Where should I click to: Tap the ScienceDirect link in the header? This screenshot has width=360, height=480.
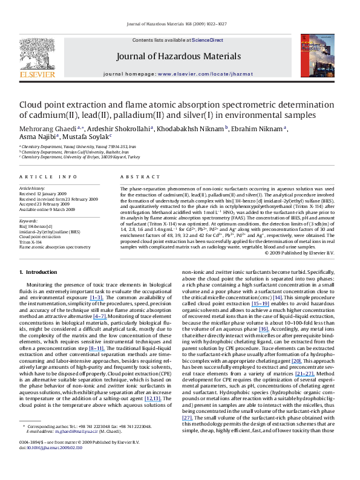208,40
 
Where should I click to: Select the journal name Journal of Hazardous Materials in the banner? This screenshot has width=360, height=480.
181,59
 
